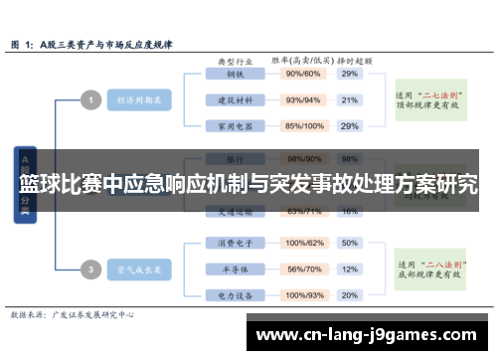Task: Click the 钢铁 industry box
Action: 235,74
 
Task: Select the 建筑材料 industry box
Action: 235,99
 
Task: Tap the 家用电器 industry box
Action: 235,126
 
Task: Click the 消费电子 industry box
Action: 235,243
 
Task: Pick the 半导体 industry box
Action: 235,269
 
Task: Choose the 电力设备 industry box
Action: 235,295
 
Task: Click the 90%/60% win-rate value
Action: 303,74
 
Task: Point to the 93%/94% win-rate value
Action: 303,99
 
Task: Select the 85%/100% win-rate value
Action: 304,126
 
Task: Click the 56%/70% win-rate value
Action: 304,269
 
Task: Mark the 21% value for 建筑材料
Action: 349,99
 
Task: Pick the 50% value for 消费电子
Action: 349,243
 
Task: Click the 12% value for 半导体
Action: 349,269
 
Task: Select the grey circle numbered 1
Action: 90,99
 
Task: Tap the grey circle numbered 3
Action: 90,269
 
